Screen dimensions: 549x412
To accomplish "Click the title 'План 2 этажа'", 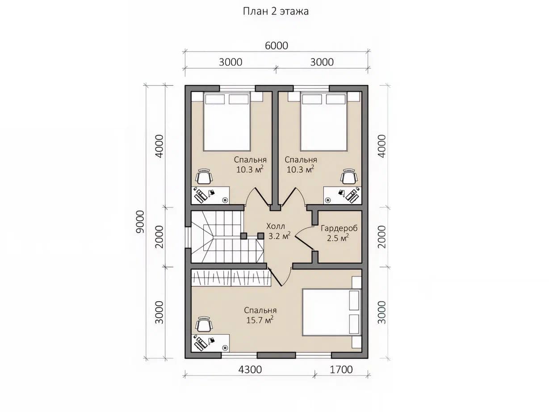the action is click(x=276, y=11).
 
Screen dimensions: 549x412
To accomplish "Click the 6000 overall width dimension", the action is click(x=277, y=46).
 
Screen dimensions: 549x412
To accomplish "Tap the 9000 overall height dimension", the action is click(x=140, y=222).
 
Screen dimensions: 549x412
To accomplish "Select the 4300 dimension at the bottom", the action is click(x=250, y=369).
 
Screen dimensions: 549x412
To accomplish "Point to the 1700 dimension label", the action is click(x=341, y=369).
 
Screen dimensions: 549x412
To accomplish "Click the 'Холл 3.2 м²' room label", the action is click(x=278, y=231).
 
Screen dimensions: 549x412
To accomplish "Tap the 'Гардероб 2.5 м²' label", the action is click(x=339, y=233).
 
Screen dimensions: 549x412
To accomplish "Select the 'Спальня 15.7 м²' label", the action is click(x=260, y=315).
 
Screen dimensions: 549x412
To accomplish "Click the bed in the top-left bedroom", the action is click(x=227, y=122).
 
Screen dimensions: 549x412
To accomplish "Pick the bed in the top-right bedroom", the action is click(x=324, y=122).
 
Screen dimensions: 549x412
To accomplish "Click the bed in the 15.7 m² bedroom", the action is click(x=331, y=312).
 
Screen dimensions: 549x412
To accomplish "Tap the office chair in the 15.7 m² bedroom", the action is click(x=204, y=324).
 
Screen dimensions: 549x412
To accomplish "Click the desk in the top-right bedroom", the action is click(x=343, y=195).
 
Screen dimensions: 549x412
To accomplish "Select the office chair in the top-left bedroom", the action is click(x=204, y=177).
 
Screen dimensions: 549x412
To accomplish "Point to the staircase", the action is click(x=227, y=237).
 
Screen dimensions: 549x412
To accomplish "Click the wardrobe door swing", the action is click(x=304, y=238).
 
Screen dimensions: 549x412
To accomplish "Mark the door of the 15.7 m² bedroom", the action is click(x=279, y=277).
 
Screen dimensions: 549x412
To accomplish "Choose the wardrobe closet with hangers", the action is click(x=231, y=277).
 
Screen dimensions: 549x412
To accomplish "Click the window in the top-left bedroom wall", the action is click(x=237, y=88).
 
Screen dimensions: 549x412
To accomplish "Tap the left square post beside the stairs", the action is click(x=244, y=236).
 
